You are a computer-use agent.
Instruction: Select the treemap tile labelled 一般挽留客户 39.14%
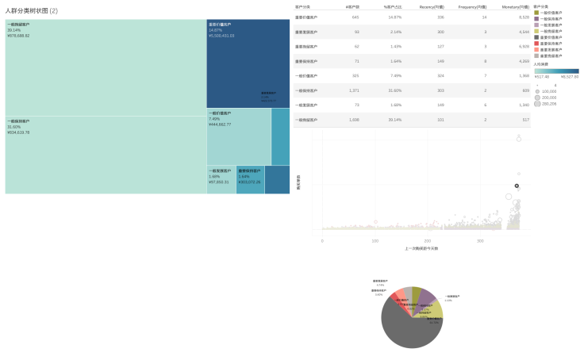coord(105,67)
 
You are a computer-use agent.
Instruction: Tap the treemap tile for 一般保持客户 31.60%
coord(105,155)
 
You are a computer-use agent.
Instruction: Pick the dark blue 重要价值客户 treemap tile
coord(248,63)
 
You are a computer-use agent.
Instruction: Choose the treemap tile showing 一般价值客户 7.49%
coord(238,136)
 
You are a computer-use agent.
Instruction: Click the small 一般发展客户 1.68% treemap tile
coord(221,179)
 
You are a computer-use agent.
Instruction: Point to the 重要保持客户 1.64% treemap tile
coord(250,180)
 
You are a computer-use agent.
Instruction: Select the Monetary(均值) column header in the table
coord(516,6)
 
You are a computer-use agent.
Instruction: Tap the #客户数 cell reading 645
coord(355,17)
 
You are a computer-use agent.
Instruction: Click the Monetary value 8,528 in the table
coord(524,17)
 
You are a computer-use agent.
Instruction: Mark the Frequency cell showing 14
coord(484,17)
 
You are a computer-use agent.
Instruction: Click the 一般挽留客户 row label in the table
coord(306,121)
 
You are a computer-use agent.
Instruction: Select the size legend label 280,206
coord(549,104)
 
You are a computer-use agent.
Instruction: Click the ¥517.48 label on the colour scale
coord(541,77)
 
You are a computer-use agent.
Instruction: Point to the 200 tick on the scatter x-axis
coord(428,240)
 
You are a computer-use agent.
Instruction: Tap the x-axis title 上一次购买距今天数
coord(421,249)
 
